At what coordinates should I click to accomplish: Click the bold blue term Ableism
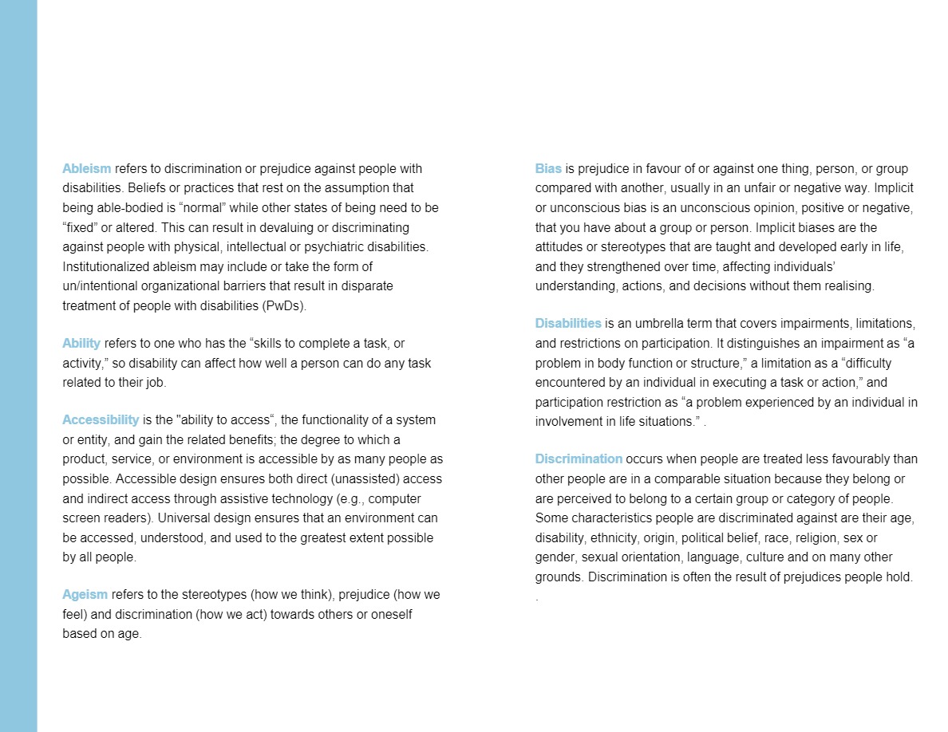pyautogui.click(x=87, y=169)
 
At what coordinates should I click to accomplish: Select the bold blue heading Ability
pyautogui.click(x=81, y=343)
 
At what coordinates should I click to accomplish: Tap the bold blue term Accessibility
pyautogui.click(x=101, y=419)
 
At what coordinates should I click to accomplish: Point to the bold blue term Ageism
pyautogui.click(x=85, y=595)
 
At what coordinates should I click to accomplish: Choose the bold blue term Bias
pyautogui.click(x=548, y=169)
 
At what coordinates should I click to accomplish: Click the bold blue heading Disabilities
pyautogui.click(x=568, y=323)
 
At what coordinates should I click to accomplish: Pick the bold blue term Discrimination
pyautogui.click(x=579, y=458)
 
